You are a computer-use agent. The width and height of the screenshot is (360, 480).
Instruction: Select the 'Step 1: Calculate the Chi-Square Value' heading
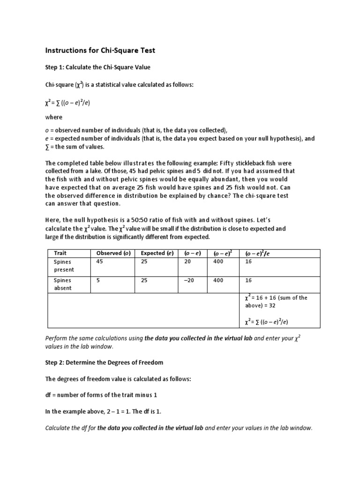pos(97,67)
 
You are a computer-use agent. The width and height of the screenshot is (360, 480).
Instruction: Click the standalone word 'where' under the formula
pos(53,117)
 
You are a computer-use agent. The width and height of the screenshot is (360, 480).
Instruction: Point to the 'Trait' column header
pos(60,254)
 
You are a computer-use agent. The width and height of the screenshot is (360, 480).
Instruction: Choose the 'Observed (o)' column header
pos(113,254)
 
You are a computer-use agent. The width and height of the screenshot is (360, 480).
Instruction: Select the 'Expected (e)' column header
pos(157,254)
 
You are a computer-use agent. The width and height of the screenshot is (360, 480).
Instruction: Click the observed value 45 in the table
pos(99,262)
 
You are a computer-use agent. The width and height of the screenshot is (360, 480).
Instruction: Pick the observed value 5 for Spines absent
pos(98,280)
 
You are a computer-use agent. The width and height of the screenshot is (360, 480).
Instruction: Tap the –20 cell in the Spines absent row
pos(189,280)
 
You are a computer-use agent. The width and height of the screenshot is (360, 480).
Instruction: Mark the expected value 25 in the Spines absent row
pos(144,280)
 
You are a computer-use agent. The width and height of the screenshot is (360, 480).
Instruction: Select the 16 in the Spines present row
pos(248,262)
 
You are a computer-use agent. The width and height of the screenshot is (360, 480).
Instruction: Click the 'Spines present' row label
pos(64,266)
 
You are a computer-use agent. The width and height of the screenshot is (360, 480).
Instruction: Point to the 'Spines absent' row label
pos(63,284)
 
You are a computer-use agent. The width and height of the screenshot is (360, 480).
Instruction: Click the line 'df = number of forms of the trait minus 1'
pos(101,395)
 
